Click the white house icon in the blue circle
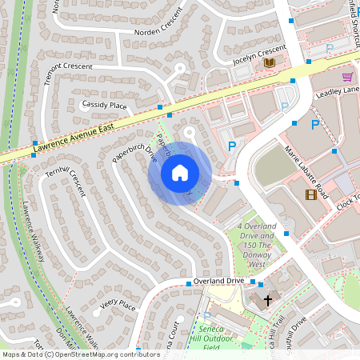pyautogui.click(x=180, y=172)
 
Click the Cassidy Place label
pyautogui.click(x=104, y=105)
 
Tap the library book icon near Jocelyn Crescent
pyautogui.click(x=270, y=62)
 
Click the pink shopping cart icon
pyautogui.click(x=347, y=77)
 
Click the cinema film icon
pyautogui.click(x=310, y=194)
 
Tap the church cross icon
pyautogui.click(x=268, y=300)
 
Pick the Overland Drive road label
pyautogui.click(x=218, y=282)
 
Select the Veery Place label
pyautogui.click(x=118, y=305)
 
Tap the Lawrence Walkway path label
pyautogui.click(x=33, y=232)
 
